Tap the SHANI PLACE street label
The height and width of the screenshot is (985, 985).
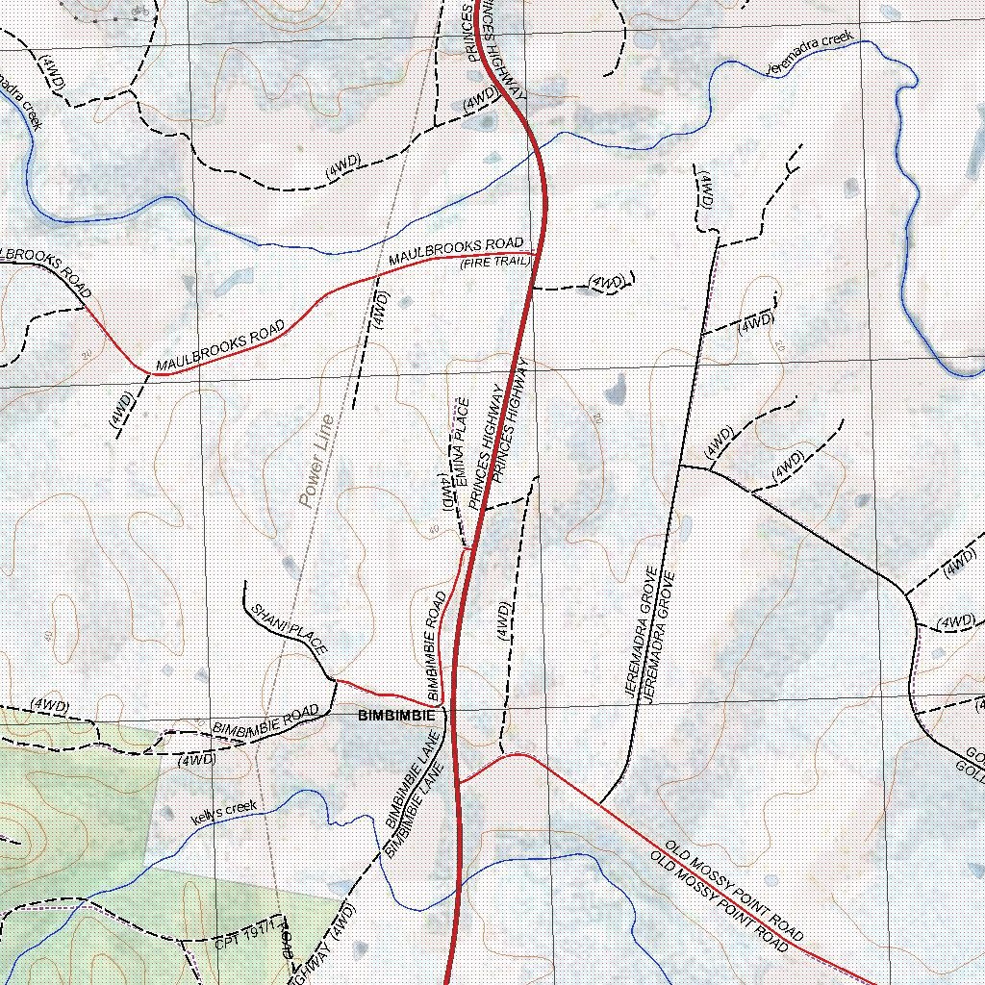[287, 631]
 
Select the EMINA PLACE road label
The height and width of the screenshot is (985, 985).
[461, 433]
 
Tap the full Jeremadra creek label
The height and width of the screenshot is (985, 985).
[810, 56]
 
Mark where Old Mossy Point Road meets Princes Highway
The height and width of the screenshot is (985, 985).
[460, 782]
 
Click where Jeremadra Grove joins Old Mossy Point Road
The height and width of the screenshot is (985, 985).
[600, 804]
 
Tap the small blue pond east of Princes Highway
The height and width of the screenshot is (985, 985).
[613, 391]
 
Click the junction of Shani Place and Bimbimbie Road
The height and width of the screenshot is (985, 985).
[335, 680]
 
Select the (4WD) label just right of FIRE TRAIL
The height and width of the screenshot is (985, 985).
[607, 283]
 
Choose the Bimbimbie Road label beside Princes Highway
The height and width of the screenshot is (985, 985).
[435, 644]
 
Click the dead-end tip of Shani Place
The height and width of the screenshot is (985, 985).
[246, 582]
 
